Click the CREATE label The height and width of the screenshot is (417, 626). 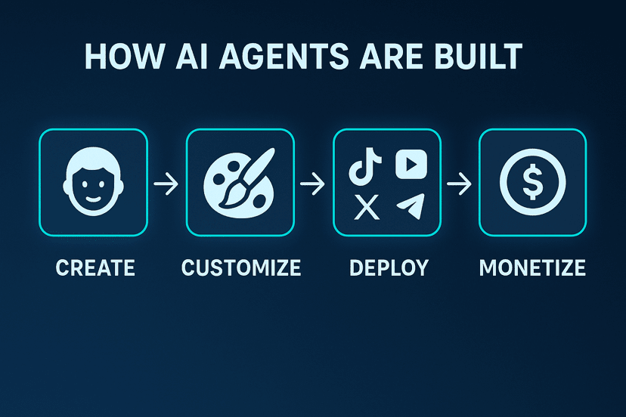(95, 268)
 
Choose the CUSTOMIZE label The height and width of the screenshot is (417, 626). (240, 268)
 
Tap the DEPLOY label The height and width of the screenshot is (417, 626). (389, 268)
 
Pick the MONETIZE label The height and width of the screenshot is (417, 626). (532, 268)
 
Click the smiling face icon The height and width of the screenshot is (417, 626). (93, 183)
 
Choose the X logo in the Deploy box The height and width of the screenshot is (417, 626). (367, 206)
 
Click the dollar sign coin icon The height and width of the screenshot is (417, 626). (532, 183)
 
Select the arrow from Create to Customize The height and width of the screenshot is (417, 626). (166, 184)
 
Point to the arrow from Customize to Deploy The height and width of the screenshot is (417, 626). (313, 184)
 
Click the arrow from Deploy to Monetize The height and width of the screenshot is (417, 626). (459, 184)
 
